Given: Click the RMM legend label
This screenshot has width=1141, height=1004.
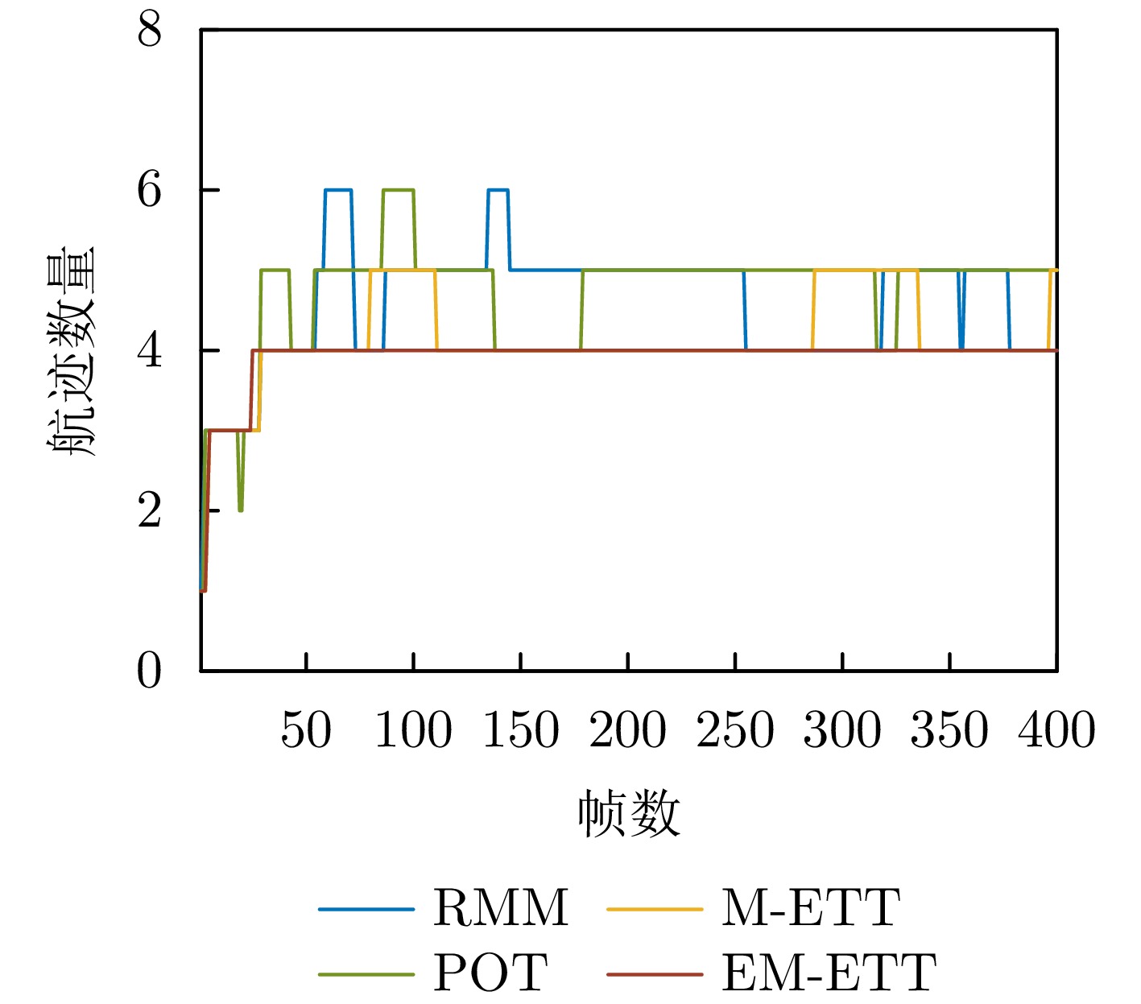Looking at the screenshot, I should (x=500, y=908).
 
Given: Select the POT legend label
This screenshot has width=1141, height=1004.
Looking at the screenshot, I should (x=490, y=973).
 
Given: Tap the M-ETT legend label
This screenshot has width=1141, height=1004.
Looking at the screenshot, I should (x=809, y=908).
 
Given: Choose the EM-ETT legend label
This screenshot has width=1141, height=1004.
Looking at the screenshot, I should (x=829, y=973).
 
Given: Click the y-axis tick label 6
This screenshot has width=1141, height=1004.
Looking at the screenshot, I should (x=150, y=191).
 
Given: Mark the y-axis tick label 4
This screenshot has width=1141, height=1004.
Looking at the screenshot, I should (x=150, y=351).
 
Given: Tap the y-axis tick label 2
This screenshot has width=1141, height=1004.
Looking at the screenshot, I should (x=150, y=510).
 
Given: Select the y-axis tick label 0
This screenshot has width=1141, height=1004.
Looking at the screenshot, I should (x=150, y=670).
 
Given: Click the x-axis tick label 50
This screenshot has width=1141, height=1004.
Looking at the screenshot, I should (x=306, y=730).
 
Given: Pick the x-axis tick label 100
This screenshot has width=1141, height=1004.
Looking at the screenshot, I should (x=413, y=730).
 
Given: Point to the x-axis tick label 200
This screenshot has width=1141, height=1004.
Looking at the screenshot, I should (x=627, y=730).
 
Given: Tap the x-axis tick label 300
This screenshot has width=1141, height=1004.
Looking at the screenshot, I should (x=842, y=730).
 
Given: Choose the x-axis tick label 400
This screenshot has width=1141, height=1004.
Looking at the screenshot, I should (x=1056, y=730).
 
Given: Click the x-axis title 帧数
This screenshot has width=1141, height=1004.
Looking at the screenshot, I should (x=628, y=814).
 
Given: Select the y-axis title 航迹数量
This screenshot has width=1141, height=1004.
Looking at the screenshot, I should (x=72, y=351).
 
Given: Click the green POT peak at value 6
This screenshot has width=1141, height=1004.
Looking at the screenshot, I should (x=398, y=190).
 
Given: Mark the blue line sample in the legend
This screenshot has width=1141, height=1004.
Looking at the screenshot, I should (x=366, y=909).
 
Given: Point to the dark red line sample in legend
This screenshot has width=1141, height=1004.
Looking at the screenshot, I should (x=655, y=973).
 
